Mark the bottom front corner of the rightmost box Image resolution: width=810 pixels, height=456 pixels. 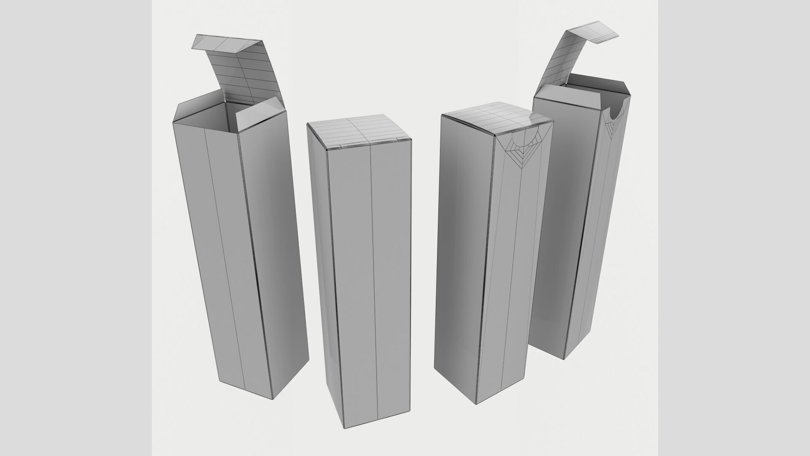pyautogui.click(x=564, y=358)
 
